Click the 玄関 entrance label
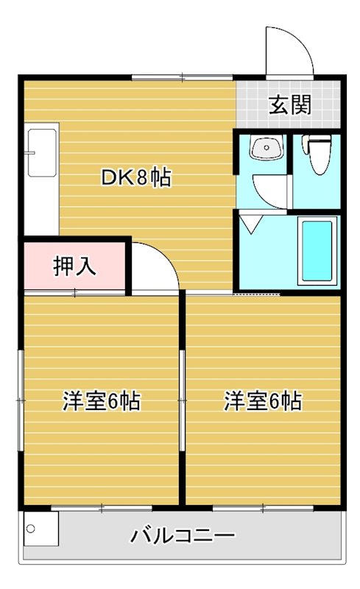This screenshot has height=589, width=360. (289, 105)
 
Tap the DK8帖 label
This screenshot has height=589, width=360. (136, 177)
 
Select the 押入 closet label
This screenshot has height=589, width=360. (74, 266)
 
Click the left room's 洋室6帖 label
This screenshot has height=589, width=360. (101, 402)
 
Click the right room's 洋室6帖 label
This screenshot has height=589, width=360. (263, 402)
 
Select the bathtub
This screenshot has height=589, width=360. (317, 250)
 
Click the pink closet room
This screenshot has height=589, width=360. (74, 266)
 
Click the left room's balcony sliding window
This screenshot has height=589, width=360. (101, 508)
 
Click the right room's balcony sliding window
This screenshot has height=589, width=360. (263, 508)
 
